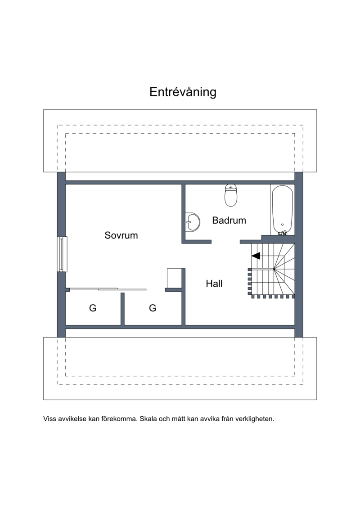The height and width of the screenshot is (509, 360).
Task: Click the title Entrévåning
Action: [183, 92]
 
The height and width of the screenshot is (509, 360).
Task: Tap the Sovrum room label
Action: [121, 235]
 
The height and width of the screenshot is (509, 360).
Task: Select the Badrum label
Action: [229, 221]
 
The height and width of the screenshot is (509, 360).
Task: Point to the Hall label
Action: [214, 284]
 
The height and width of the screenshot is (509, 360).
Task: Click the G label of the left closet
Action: [93, 308]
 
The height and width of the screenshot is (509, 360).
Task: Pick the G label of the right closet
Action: [153, 308]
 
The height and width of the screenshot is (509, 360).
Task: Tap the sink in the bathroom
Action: [192, 222]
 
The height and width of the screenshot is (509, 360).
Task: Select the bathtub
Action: [283, 210]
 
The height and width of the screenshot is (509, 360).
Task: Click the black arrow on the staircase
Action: [256, 256]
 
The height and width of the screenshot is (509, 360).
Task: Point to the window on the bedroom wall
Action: [63, 254]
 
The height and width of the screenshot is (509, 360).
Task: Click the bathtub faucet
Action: [282, 232]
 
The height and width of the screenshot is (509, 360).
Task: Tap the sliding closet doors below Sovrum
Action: [108, 289]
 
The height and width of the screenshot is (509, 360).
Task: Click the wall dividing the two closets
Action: [123, 309]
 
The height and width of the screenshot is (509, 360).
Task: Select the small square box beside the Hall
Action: [174, 278]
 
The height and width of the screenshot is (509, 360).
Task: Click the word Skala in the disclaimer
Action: [148, 419]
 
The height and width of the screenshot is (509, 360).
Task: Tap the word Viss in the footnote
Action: [49, 419]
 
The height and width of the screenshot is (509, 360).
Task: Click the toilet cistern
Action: [231, 187]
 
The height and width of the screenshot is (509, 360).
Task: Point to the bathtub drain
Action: [283, 225]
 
